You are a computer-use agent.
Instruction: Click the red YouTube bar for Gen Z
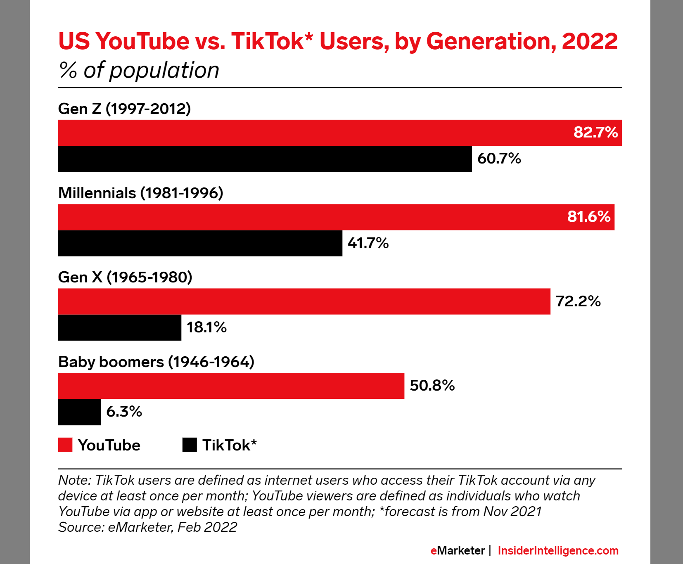pyautogui.click(x=314, y=133)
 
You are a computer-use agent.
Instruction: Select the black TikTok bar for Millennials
pyautogui.click(x=200, y=243)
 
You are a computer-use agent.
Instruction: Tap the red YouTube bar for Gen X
pyautogui.click(x=304, y=301)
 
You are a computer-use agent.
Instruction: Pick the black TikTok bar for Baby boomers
pyautogui.click(x=79, y=412)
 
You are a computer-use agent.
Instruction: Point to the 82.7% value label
pyautogui.click(x=595, y=133)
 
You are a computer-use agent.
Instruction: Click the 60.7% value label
pyautogui.click(x=499, y=159)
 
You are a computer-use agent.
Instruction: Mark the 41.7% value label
pyautogui.click(x=368, y=243)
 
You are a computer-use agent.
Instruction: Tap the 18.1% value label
pyautogui.click(x=206, y=327)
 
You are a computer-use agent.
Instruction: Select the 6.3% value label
pyautogui.click(x=124, y=412)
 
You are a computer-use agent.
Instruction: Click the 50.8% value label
pyautogui.click(x=432, y=386)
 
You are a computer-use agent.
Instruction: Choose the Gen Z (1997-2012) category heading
pyautogui.click(x=124, y=109)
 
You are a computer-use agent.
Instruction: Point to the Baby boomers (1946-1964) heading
pyautogui.click(x=156, y=362)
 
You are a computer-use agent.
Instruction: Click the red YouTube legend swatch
pyautogui.click(x=65, y=445)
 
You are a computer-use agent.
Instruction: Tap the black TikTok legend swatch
pyautogui.click(x=190, y=445)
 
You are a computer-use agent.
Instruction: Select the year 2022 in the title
pyautogui.click(x=590, y=41)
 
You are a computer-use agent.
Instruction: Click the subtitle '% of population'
pyautogui.click(x=139, y=70)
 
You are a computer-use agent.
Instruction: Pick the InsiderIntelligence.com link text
pyautogui.click(x=558, y=550)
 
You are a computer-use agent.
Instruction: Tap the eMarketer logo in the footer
pyautogui.click(x=458, y=550)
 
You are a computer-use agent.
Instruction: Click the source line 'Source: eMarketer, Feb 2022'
pyautogui.click(x=147, y=527)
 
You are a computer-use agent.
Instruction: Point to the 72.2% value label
pyautogui.click(x=578, y=301)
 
